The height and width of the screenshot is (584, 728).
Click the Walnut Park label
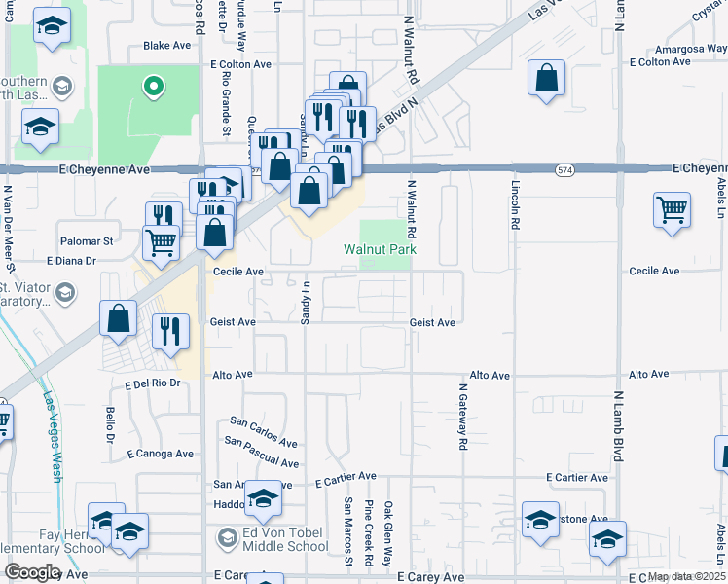pos(380,250)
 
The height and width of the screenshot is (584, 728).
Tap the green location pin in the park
pos(152,89)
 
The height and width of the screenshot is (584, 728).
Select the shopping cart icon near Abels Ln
pos(673,209)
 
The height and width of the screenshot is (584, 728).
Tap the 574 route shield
pos(564,169)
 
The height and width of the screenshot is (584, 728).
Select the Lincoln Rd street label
pos(513,205)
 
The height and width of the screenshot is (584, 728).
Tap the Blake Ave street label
pos(167,46)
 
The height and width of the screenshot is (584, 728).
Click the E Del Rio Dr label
pos(153,383)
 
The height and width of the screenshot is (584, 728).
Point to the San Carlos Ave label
pos(264,429)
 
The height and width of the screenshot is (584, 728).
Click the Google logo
pos(32,572)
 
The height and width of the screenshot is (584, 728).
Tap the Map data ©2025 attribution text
pos(687,576)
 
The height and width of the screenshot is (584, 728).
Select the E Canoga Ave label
pos(160,454)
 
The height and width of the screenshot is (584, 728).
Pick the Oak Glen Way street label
pos(387,534)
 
